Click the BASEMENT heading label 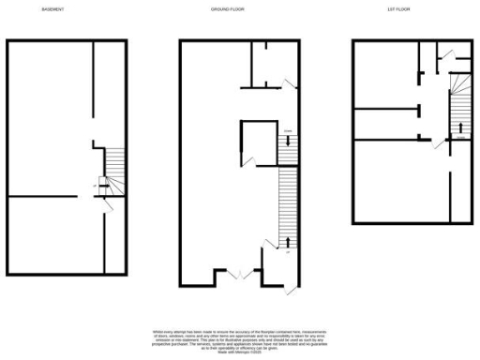52,8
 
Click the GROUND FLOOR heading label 229,8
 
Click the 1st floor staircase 458,104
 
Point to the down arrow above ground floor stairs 289,139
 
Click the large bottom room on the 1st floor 403,183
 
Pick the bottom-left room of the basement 52,234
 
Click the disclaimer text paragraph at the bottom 239,341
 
